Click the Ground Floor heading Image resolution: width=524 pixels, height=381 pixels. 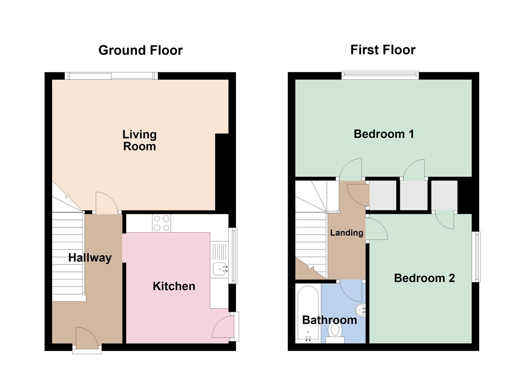140,50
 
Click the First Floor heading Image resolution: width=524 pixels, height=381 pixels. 383,50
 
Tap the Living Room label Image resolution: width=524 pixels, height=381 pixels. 139,140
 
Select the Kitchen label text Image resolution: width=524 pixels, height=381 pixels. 174,286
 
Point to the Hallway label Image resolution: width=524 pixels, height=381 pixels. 90,258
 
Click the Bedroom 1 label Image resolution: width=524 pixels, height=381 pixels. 384,134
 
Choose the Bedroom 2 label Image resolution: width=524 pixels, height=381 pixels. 424,278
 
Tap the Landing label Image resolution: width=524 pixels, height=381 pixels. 347,232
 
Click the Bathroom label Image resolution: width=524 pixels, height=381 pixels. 330,320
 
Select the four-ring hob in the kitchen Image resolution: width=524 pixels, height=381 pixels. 161,223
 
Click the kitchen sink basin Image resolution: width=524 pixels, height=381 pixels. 220,270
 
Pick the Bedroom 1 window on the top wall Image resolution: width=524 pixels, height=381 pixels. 380,75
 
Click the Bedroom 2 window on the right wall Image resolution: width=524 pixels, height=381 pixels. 476,256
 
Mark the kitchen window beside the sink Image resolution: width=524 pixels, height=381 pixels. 233,256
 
